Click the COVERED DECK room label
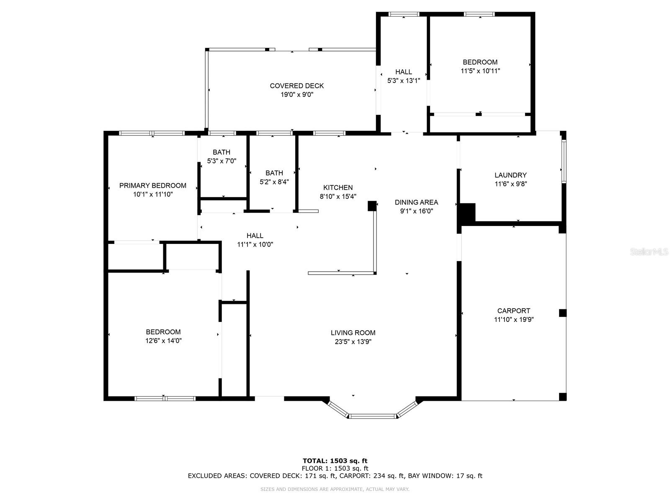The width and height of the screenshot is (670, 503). (x=296, y=86)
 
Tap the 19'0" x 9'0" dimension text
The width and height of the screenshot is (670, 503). (x=297, y=95)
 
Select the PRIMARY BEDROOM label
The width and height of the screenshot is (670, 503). (x=152, y=185)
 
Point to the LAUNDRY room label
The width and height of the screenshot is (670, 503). (x=510, y=175)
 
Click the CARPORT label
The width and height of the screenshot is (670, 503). (x=513, y=311)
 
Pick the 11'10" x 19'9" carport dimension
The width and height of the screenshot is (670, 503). (x=514, y=319)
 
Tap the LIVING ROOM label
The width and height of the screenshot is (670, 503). (x=353, y=332)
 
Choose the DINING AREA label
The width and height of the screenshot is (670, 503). (x=416, y=202)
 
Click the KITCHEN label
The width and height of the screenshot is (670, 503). (x=338, y=187)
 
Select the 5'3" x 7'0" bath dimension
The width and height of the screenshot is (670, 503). (x=222, y=161)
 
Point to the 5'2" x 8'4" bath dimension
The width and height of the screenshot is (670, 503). (x=274, y=182)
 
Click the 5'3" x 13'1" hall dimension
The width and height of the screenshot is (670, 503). (x=404, y=80)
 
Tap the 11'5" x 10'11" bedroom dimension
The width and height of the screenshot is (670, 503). (x=480, y=71)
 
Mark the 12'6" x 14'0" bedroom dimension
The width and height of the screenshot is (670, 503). (x=163, y=340)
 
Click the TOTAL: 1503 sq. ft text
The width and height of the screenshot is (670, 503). (x=335, y=461)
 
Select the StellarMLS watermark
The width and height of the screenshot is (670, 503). (x=649, y=251)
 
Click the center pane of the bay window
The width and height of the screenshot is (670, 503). (x=372, y=416)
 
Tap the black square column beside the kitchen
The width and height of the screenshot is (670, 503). (x=372, y=206)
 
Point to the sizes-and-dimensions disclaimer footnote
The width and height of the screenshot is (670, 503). (x=335, y=489)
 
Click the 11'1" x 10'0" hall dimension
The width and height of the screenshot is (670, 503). (x=255, y=244)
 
